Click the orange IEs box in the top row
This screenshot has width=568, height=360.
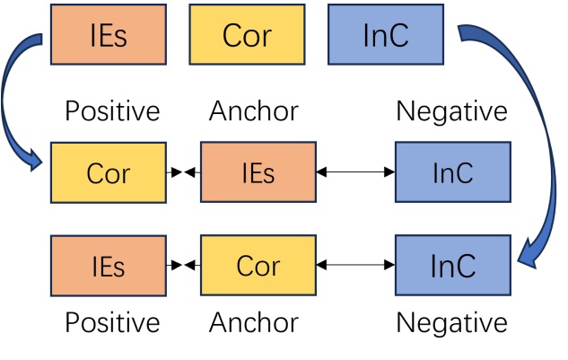pyautogui.click(x=108, y=34)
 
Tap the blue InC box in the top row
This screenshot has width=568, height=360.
pyautogui.click(x=386, y=34)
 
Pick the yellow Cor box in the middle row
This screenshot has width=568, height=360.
pyautogui.click(x=108, y=172)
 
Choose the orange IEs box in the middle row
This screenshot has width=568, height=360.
pyautogui.click(x=258, y=172)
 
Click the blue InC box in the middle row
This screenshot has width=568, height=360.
pyautogui.click(x=452, y=172)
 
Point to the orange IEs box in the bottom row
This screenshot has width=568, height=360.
pyautogui.click(x=108, y=266)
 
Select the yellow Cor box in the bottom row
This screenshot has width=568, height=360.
pyautogui.click(x=258, y=266)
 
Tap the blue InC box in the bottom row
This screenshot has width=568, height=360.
pyautogui.click(x=452, y=266)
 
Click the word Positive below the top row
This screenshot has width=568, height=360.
pyautogui.click(x=112, y=111)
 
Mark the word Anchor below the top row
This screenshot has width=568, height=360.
pyautogui.click(x=253, y=111)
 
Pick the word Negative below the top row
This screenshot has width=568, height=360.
pyautogui.click(x=451, y=111)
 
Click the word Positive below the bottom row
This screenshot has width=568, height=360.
pyautogui.click(x=112, y=321)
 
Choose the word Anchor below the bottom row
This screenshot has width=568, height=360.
pyautogui.click(x=253, y=321)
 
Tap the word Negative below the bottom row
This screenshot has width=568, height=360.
pyautogui.click(x=451, y=321)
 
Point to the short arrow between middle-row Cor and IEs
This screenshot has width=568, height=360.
pyautogui.click(x=183, y=172)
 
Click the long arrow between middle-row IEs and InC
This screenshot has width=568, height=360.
pyautogui.click(x=355, y=172)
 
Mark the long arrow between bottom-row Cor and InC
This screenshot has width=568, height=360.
pyautogui.click(x=355, y=266)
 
